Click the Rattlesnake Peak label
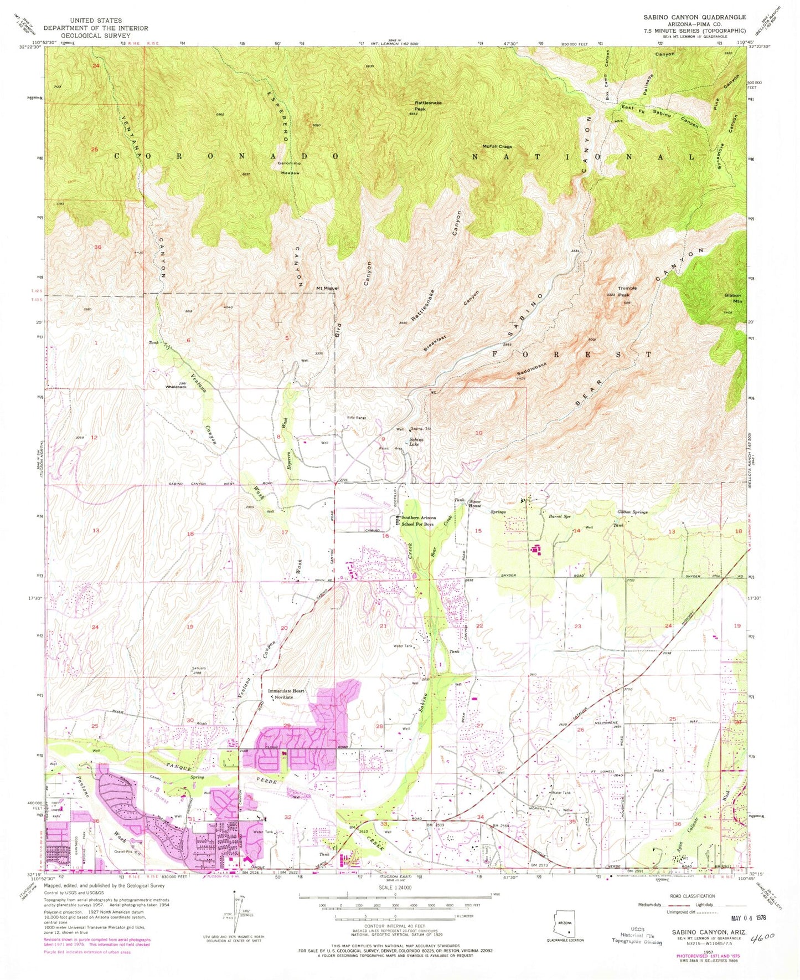(427, 106)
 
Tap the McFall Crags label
(497, 147)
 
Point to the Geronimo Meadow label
(288, 168)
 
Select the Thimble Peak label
(627, 291)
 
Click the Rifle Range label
(357, 418)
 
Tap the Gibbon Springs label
(632, 512)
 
